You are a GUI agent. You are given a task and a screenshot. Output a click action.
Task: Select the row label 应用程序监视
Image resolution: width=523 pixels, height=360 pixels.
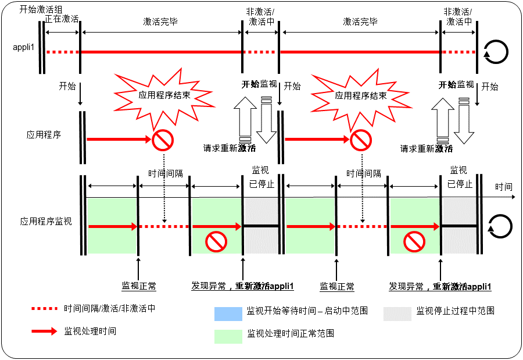pos(46,222)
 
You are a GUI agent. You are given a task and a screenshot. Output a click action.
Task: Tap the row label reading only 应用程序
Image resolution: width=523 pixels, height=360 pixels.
pos(44,134)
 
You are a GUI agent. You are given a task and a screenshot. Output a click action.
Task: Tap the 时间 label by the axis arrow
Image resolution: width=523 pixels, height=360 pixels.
pos(504,187)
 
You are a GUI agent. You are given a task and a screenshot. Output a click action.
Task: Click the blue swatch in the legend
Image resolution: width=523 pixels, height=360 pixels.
pos(228,313)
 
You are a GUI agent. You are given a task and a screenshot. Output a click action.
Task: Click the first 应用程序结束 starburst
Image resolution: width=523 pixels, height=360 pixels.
pos(164,95)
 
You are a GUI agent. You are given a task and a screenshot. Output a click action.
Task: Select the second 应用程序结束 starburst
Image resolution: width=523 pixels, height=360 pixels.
pos(361,95)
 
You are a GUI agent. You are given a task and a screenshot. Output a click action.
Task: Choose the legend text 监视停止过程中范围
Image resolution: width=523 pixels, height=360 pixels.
pos(456,311)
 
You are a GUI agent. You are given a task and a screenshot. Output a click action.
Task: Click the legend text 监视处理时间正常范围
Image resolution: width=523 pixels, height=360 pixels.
pos(291,334)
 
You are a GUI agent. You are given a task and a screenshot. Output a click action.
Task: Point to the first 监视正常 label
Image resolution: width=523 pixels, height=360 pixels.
pos(138,286)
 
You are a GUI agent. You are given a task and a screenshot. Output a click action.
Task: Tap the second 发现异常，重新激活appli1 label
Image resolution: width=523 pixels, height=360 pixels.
pos(440,286)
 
